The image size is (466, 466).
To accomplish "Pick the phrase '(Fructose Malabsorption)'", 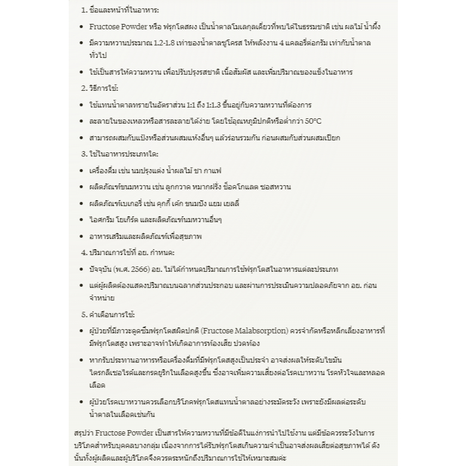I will point(246,330).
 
